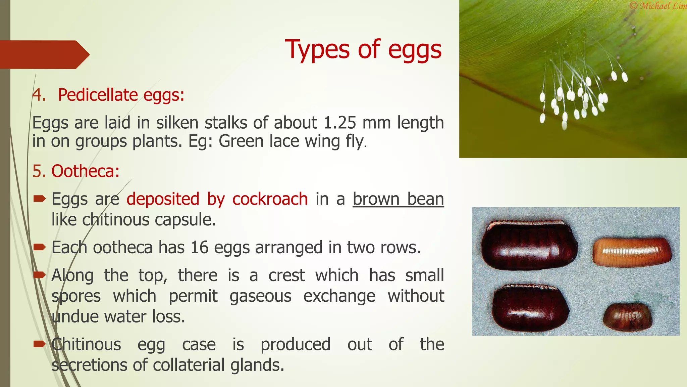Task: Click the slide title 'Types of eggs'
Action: [x=363, y=50]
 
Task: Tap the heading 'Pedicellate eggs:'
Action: [x=121, y=95]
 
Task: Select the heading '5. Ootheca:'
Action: [x=76, y=171]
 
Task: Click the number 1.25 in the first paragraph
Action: [x=339, y=123]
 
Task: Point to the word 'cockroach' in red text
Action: [x=270, y=199]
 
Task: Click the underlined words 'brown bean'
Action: [x=398, y=199]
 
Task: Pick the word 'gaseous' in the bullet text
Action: [x=260, y=296]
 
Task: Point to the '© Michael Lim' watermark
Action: [x=658, y=6]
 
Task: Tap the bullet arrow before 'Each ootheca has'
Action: [x=40, y=248]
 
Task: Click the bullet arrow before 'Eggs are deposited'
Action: [x=40, y=199]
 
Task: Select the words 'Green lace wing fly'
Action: [x=291, y=141]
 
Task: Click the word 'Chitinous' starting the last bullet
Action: [x=86, y=344]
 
